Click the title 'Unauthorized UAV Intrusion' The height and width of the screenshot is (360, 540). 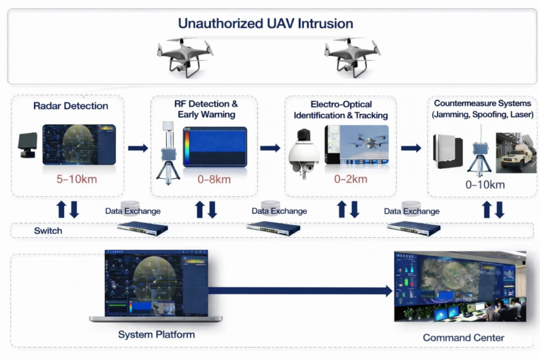[265, 23]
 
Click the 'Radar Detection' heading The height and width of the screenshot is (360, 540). [71, 106]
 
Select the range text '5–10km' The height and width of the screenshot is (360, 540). [76, 179]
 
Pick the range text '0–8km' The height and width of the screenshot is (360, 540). [214, 179]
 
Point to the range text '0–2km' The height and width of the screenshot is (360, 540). [351, 179]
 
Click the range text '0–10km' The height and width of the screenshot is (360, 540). [484, 184]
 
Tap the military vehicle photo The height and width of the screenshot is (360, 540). [516, 153]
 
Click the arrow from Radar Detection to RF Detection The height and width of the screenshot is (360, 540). [138, 148]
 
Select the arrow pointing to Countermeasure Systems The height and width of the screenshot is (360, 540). [411, 148]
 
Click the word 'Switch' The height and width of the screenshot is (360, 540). [48, 231]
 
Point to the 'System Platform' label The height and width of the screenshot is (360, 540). [156, 335]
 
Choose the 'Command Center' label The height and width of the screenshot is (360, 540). [463, 338]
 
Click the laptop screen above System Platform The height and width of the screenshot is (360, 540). [156, 283]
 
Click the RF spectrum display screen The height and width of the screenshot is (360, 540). [215, 147]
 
